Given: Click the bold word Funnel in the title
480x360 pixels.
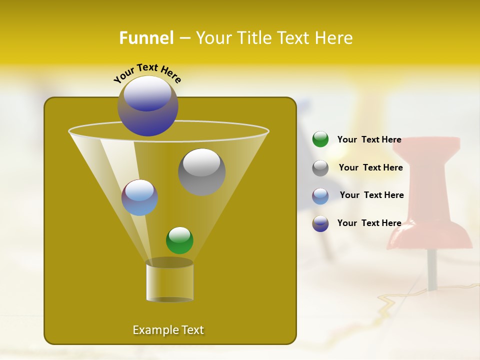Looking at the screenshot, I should point(146,38).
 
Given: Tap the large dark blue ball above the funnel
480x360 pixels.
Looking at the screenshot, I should point(148,106).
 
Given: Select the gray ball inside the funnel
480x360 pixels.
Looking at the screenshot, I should point(201,171).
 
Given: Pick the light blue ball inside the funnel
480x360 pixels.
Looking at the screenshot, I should point(139,197).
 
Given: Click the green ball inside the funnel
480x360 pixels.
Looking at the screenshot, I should point(179,240).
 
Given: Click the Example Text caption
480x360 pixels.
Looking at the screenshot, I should point(168,330).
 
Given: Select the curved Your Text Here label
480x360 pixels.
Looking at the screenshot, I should point(147,72).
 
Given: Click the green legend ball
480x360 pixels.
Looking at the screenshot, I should point(320,139).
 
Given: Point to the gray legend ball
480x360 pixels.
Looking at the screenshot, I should point(320,168).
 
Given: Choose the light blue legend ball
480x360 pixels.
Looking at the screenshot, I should point(320,196).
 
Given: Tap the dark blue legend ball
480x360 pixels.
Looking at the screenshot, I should point(320,223).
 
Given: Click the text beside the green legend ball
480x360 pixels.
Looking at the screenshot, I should point(369,139).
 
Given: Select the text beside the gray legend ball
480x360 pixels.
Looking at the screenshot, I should point(370,167).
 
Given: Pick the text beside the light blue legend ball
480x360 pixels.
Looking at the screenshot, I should point(371,195).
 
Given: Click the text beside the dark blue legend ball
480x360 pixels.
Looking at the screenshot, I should point(369,223).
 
